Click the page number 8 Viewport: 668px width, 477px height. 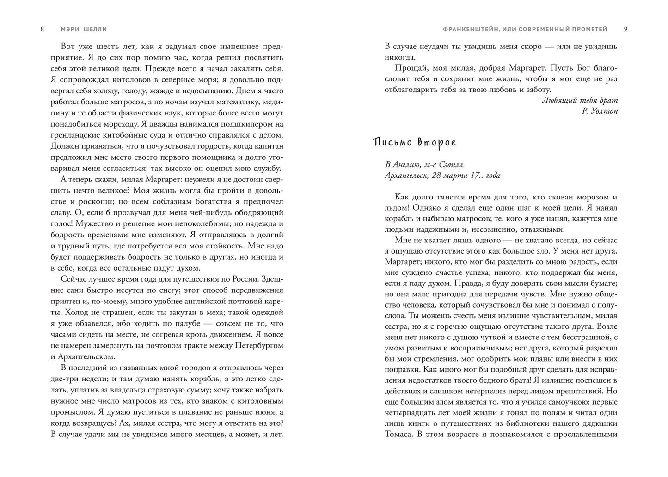click(x=43, y=30)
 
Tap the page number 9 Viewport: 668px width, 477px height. click(x=625, y=30)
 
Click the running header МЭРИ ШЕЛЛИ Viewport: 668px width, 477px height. click(x=84, y=30)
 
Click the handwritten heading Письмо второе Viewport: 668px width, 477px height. click(x=414, y=142)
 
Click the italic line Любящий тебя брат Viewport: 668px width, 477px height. click(x=579, y=100)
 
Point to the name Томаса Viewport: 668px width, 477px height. click(x=398, y=435)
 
